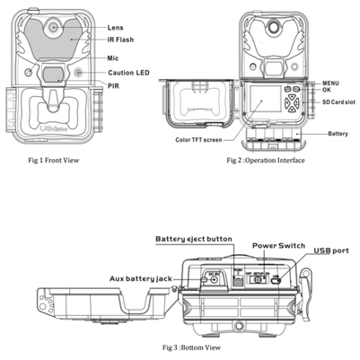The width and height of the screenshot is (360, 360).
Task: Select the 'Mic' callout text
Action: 115,57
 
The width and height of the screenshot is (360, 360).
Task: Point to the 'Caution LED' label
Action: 129,72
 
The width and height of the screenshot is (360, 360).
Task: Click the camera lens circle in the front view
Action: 53,28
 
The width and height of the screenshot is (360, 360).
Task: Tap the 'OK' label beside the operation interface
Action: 317,91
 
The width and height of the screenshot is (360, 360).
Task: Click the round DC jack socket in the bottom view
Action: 215,280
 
